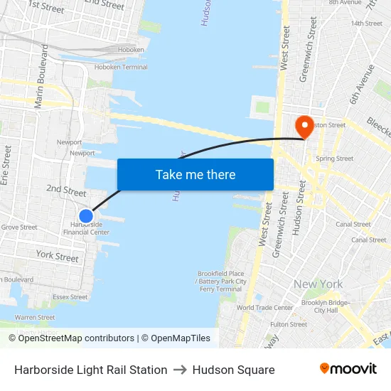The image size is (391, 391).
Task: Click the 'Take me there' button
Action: tap(195, 174)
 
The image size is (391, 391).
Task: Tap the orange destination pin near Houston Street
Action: tap(305, 127)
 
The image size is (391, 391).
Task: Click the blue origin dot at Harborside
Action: tap(86, 216)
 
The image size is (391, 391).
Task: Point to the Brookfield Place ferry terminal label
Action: tap(221, 282)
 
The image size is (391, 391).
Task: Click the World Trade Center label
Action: tap(264, 308)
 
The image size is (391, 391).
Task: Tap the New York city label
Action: tap(318, 284)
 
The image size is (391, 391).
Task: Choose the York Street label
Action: tap(57, 256)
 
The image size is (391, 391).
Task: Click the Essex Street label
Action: tap(70, 297)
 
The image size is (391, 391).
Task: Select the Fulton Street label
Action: tap(289, 324)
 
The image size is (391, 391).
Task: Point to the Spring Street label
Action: tap(334, 159)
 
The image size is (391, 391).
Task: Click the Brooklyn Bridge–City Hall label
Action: tap(326, 306)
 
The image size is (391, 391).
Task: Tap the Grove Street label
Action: tap(19, 227)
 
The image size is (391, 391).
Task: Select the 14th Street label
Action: tap(366, 23)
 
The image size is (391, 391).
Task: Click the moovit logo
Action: tap(348, 369)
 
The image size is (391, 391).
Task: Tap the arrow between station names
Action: tap(180, 370)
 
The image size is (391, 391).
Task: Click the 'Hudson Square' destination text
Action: tap(233, 370)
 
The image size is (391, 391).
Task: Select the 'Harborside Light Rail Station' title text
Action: tap(90, 370)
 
